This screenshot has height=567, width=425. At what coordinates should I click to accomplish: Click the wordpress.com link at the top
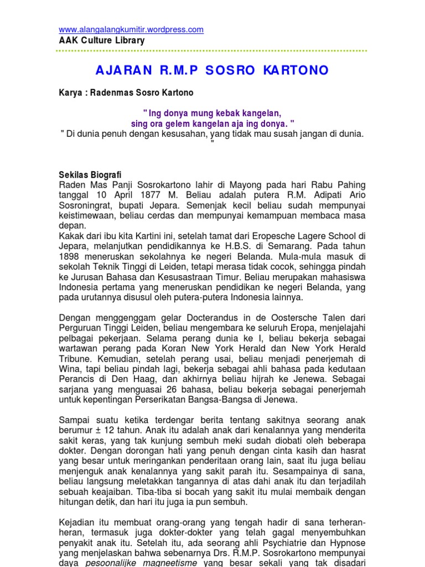(131, 29)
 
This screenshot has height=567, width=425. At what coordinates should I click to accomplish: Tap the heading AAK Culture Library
(102, 40)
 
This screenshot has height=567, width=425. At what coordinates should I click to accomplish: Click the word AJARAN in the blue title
(118, 70)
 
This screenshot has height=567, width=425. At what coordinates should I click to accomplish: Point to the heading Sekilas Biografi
(90, 174)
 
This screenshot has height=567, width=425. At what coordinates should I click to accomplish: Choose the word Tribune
(75, 358)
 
